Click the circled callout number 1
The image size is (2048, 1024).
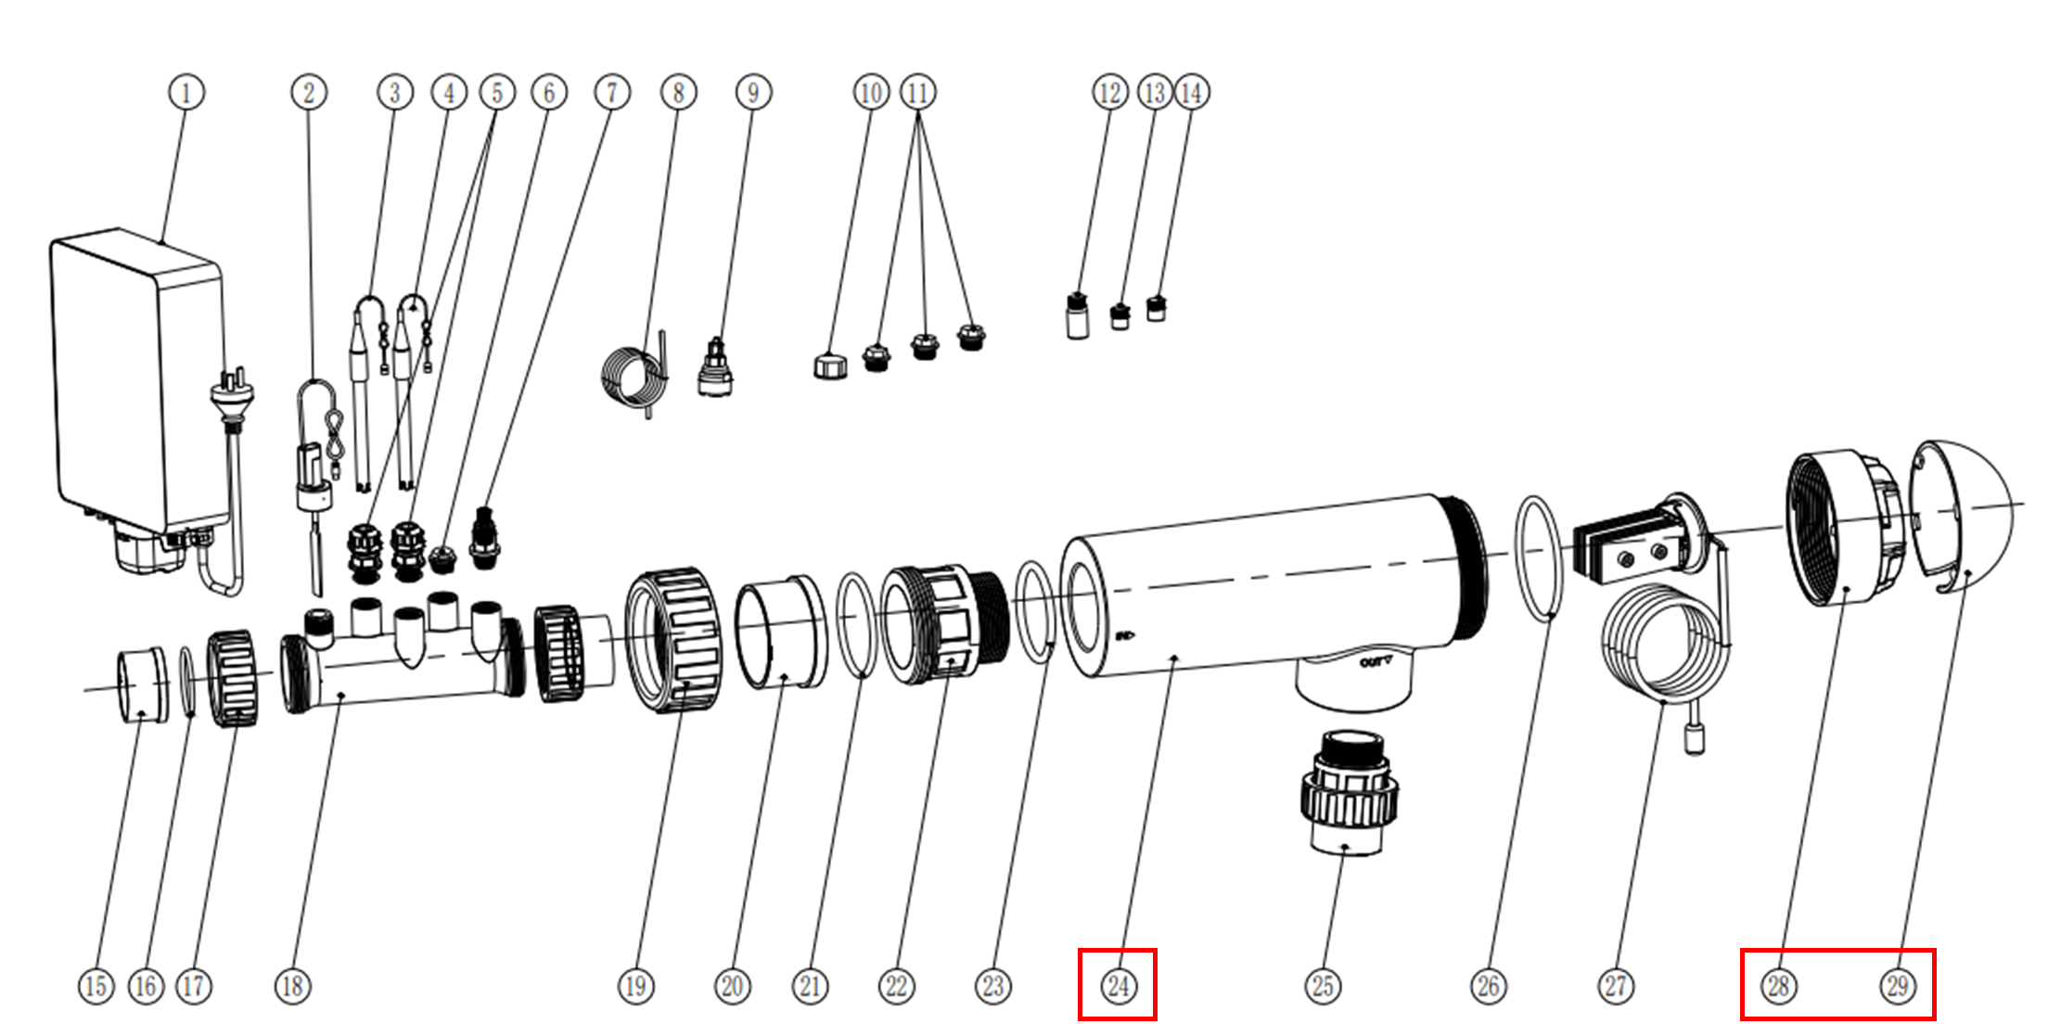[x=186, y=93]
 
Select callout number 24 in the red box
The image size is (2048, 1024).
[x=1118, y=985]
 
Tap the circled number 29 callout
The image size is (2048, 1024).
[x=1897, y=985]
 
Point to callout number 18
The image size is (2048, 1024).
[x=292, y=985]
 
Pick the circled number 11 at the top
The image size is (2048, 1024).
[x=917, y=93]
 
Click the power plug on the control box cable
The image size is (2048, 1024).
[x=232, y=394]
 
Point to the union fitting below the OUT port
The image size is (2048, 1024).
[x=1348, y=793]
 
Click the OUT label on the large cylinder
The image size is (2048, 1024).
[x=1375, y=662]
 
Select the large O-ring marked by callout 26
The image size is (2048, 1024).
[x=1540, y=557]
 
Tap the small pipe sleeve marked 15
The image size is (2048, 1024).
[x=142, y=685]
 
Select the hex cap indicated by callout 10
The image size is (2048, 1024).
[x=830, y=366]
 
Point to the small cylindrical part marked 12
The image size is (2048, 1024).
[x=1077, y=317]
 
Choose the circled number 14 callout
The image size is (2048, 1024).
[x=1192, y=93]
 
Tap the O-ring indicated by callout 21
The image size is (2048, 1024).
[x=856, y=626]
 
